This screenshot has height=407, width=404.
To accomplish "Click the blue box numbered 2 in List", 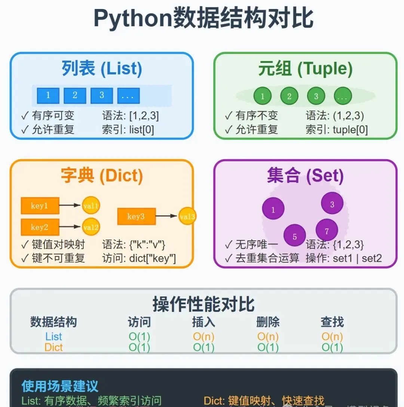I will [x=75, y=96].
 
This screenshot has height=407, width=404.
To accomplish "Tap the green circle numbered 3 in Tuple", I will [x=316, y=96].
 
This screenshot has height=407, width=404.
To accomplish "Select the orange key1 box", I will [x=40, y=206].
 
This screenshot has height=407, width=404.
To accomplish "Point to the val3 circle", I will [x=187, y=216].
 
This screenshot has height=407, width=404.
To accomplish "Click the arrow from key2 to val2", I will [x=70, y=227].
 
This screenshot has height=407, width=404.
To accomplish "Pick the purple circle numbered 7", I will [x=327, y=231].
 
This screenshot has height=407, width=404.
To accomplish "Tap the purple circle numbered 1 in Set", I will [x=273, y=209].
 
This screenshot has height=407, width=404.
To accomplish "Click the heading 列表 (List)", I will [x=102, y=69].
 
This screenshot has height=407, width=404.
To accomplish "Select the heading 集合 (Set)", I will [x=305, y=176].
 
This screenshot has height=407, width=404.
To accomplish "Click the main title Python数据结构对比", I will [x=203, y=18].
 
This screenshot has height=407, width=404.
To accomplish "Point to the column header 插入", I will [x=203, y=322].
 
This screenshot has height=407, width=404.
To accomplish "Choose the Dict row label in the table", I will [x=53, y=347].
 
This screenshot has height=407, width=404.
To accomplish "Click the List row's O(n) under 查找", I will [x=332, y=337].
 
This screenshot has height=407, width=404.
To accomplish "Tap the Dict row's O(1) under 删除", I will [x=268, y=347].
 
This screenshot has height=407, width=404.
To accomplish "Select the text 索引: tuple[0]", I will [x=337, y=130].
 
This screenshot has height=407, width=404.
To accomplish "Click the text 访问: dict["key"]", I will [x=139, y=258].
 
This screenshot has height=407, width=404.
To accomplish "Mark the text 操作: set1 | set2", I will [x=344, y=258].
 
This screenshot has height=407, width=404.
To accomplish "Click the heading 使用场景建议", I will [x=60, y=386].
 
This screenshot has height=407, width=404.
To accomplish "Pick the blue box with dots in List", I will [x=128, y=96].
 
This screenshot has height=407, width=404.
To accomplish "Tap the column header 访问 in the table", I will [x=139, y=322].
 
